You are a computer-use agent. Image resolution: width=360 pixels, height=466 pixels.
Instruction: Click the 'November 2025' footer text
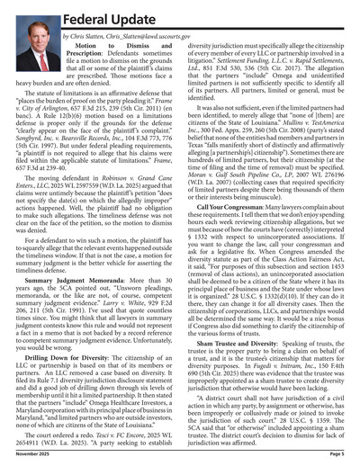[x=26, y=456]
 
